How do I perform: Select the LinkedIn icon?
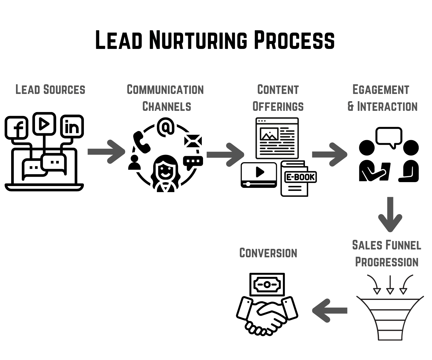click(x=72, y=127)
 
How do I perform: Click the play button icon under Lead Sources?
click(x=44, y=123)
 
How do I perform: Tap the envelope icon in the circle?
click(x=193, y=141)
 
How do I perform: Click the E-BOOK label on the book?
click(x=300, y=177)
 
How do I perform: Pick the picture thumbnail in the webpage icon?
click(x=269, y=134)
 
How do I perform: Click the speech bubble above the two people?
click(x=389, y=137)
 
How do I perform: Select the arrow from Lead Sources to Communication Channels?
click(x=106, y=152)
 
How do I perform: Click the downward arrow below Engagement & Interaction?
click(x=390, y=214)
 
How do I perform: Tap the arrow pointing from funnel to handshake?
click(x=330, y=310)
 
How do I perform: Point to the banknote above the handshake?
click(x=267, y=284)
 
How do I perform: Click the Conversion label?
click(x=268, y=253)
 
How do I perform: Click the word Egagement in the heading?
click(x=381, y=90)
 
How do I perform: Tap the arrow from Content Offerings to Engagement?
click(x=329, y=154)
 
